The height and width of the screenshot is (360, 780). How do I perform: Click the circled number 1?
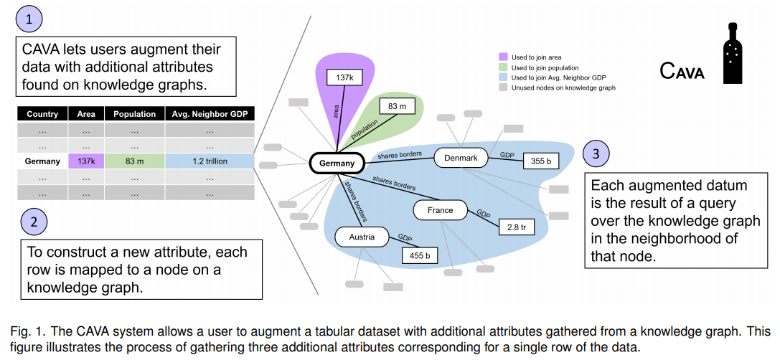tap(29, 20)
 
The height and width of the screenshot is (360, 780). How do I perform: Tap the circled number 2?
tap(34, 222)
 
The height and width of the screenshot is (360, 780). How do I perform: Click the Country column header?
tap(42, 114)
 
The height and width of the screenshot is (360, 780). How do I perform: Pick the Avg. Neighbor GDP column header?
tap(209, 114)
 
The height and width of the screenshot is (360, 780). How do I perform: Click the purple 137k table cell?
tap(86, 161)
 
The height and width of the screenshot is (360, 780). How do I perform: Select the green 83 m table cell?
tap(134, 161)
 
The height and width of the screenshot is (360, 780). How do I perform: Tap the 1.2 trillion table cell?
tap(209, 161)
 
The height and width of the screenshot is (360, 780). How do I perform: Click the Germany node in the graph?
tap(337, 164)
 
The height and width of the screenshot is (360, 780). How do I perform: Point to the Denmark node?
tap(461, 157)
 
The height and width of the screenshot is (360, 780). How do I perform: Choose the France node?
tap(440, 210)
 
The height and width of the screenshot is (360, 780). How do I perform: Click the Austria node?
tap(362, 237)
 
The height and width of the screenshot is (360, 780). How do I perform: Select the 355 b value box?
tap(541, 162)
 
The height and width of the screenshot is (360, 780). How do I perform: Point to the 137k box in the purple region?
tap(344, 77)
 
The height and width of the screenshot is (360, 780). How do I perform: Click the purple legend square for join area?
tap(504, 55)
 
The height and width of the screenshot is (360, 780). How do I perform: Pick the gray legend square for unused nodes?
tap(504, 87)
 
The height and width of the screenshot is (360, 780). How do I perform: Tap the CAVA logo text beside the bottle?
tap(682, 71)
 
